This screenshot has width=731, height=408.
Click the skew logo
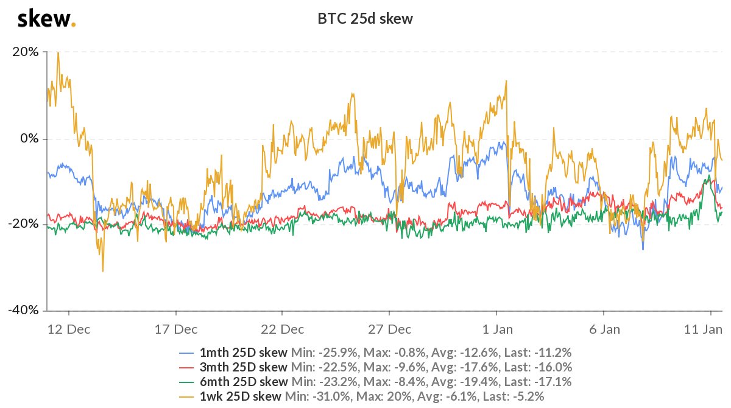click(x=46, y=19)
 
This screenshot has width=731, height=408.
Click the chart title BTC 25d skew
click(x=365, y=19)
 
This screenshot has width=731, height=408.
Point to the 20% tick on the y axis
click(x=26, y=52)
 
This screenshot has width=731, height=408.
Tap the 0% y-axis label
click(x=29, y=138)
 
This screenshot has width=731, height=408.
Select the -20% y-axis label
click(x=24, y=223)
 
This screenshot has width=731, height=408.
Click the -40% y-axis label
click(x=24, y=310)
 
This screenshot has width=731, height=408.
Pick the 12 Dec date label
click(x=69, y=329)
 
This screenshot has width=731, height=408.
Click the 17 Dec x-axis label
click(x=176, y=329)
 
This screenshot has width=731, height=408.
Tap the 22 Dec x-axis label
click(x=282, y=329)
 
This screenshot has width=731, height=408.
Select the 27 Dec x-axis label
click(x=390, y=329)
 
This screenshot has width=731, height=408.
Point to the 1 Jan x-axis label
click(x=497, y=329)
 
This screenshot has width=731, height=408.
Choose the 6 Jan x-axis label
click(x=604, y=329)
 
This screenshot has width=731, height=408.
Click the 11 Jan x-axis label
click(x=703, y=329)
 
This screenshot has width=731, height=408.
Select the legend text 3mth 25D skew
click(x=244, y=367)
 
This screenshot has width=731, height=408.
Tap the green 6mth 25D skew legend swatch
click(x=186, y=382)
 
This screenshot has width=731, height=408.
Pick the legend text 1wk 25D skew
click(x=241, y=396)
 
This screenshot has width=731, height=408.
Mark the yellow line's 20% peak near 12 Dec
click(x=58, y=52)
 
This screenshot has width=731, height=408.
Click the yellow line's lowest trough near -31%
click(x=103, y=272)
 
